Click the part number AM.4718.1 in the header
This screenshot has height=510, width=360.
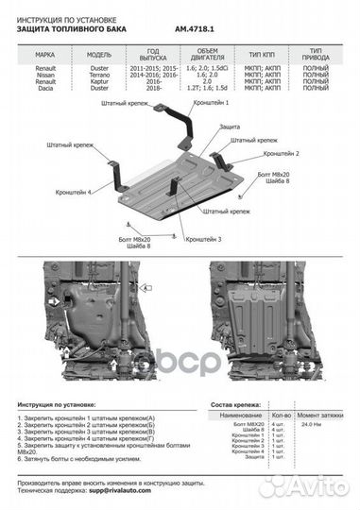pos(197,29)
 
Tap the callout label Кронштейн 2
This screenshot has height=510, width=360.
pos(281,152)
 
